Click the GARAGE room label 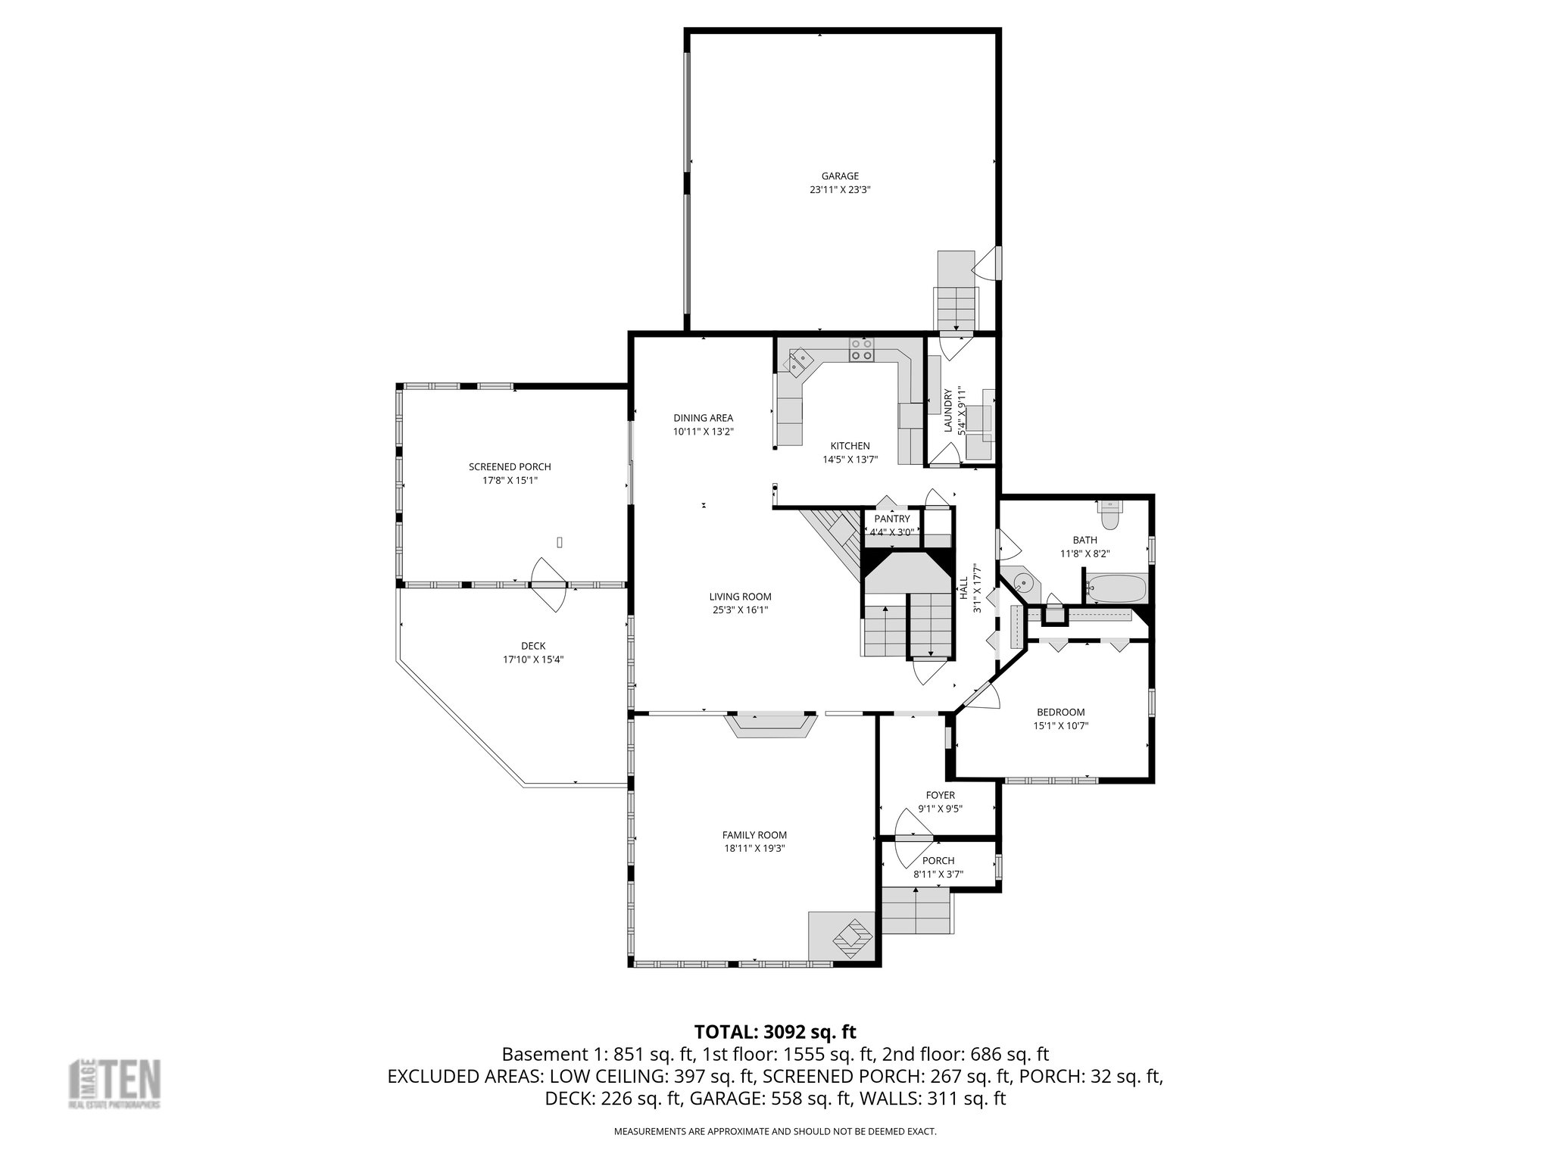[x=840, y=176]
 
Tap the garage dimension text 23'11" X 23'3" [x=840, y=191]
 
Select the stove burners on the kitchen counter [x=861, y=349]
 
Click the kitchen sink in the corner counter [x=797, y=362]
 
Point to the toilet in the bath [x=1110, y=516]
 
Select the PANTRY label [x=891, y=519]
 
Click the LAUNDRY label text [x=947, y=411]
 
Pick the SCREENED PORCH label [x=510, y=467]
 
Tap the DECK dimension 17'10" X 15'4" [x=533, y=659]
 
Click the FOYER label [x=940, y=795]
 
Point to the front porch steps [x=916, y=912]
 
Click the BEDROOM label [x=1060, y=712]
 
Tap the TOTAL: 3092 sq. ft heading [x=775, y=1031]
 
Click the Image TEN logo [x=114, y=1084]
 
